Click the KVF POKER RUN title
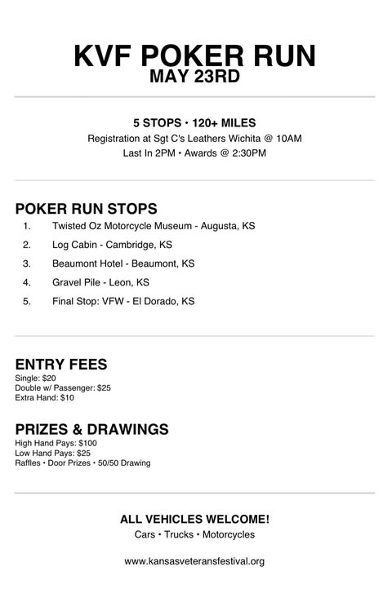[x=194, y=55]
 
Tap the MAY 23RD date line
[x=194, y=77]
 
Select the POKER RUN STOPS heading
[x=86, y=208]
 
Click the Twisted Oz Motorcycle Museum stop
[x=153, y=226]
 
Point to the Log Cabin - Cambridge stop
[x=112, y=245]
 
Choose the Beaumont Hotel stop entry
[x=123, y=263]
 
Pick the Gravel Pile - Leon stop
[x=100, y=282]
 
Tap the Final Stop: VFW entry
[x=123, y=301]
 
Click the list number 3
[x=27, y=263]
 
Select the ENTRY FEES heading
[x=61, y=365]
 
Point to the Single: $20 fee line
[x=36, y=378]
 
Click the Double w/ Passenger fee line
[x=63, y=388]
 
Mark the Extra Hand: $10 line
[x=44, y=398]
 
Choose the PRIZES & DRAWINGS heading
[x=92, y=429]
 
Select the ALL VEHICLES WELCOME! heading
[x=194, y=519]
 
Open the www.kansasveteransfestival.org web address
[x=194, y=561]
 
